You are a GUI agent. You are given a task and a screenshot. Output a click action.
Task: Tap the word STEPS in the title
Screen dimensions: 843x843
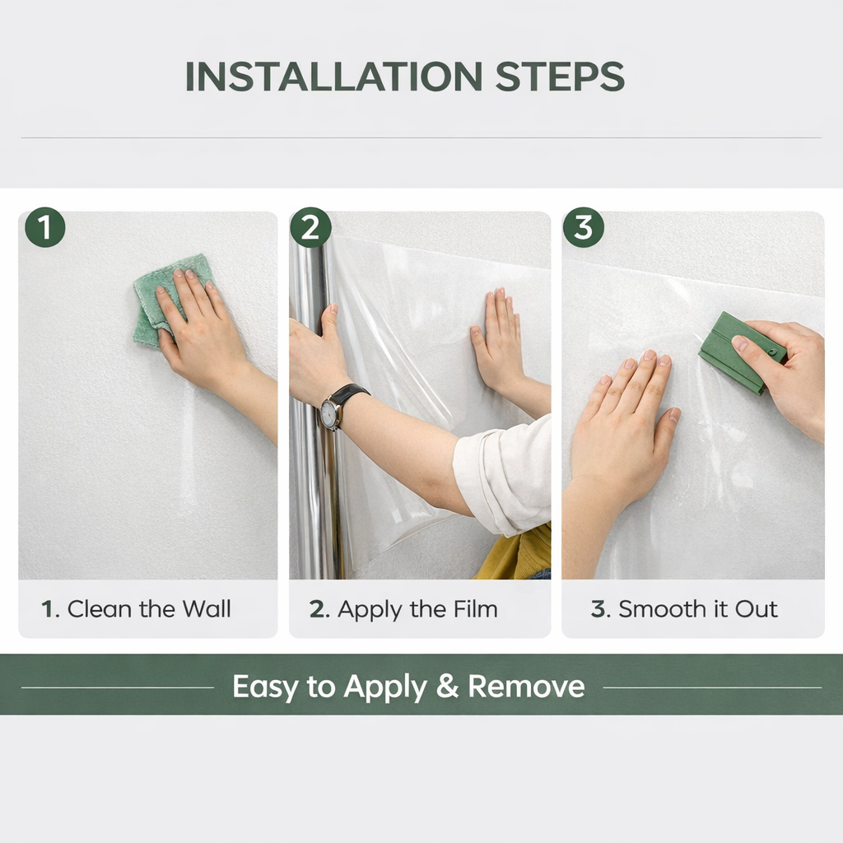pyautogui.click(x=560, y=77)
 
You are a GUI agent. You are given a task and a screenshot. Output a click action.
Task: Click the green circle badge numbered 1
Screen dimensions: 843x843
pyautogui.click(x=44, y=228)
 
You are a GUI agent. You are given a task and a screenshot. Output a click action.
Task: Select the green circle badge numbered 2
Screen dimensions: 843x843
pyautogui.click(x=310, y=228)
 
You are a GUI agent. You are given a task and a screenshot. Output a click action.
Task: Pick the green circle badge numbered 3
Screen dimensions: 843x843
pyautogui.click(x=583, y=228)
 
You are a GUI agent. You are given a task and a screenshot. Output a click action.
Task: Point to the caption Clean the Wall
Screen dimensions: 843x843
pyautogui.click(x=137, y=609)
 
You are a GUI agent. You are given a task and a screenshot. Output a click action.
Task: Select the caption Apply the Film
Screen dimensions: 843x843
pyautogui.click(x=403, y=609)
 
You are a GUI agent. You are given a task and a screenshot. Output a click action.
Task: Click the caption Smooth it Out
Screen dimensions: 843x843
pyautogui.click(x=684, y=609)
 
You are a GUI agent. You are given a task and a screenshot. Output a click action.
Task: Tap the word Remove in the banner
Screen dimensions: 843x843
pyautogui.click(x=526, y=686)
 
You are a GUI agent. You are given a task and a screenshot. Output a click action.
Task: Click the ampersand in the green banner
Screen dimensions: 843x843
pyautogui.click(x=447, y=686)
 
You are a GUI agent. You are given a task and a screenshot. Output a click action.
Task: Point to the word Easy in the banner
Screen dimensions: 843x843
pyautogui.click(x=266, y=686)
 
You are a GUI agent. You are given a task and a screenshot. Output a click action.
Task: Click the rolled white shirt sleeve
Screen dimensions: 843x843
pyautogui.click(x=504, y=477)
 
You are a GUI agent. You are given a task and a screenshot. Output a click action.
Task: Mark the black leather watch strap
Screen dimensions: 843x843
pyautogui.click(x=350, y=394)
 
